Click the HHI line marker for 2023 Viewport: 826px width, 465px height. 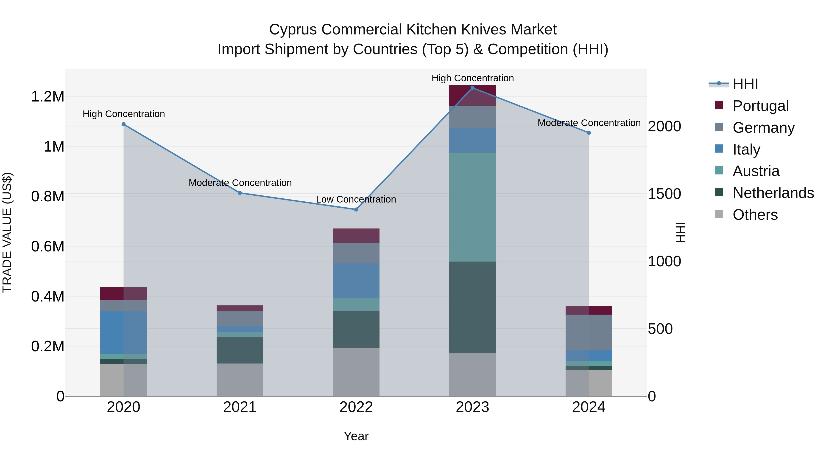tap(472, 88)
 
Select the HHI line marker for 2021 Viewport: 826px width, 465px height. tap(240, 193)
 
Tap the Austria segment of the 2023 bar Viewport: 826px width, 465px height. tap(472, 207)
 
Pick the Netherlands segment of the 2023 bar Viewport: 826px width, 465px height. tap(472, 307)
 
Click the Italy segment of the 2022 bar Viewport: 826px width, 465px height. tap(356, 281)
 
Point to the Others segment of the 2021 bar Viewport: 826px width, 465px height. tap(240, 380)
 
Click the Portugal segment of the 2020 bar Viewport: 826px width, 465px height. tap(123, 294)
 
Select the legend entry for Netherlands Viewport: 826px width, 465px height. tap(773, 193)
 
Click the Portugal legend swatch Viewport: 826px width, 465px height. tap(719, 105)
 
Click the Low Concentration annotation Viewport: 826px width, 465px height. tap(356, 199)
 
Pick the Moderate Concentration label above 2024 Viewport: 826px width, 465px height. tap(589, 123)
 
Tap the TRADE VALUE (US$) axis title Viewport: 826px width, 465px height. tap(7, 232)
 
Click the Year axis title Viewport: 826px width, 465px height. tap(356, 436)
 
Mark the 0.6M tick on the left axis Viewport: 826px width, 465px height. tap(48, 246)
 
